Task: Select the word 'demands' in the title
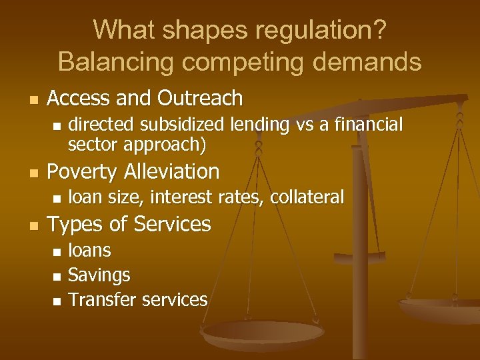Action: [x=369, y=62]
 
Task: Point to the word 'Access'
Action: [x=79, y=99]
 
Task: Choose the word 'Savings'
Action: [x=99, y=275]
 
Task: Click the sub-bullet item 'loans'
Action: [x=90, y=250]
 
